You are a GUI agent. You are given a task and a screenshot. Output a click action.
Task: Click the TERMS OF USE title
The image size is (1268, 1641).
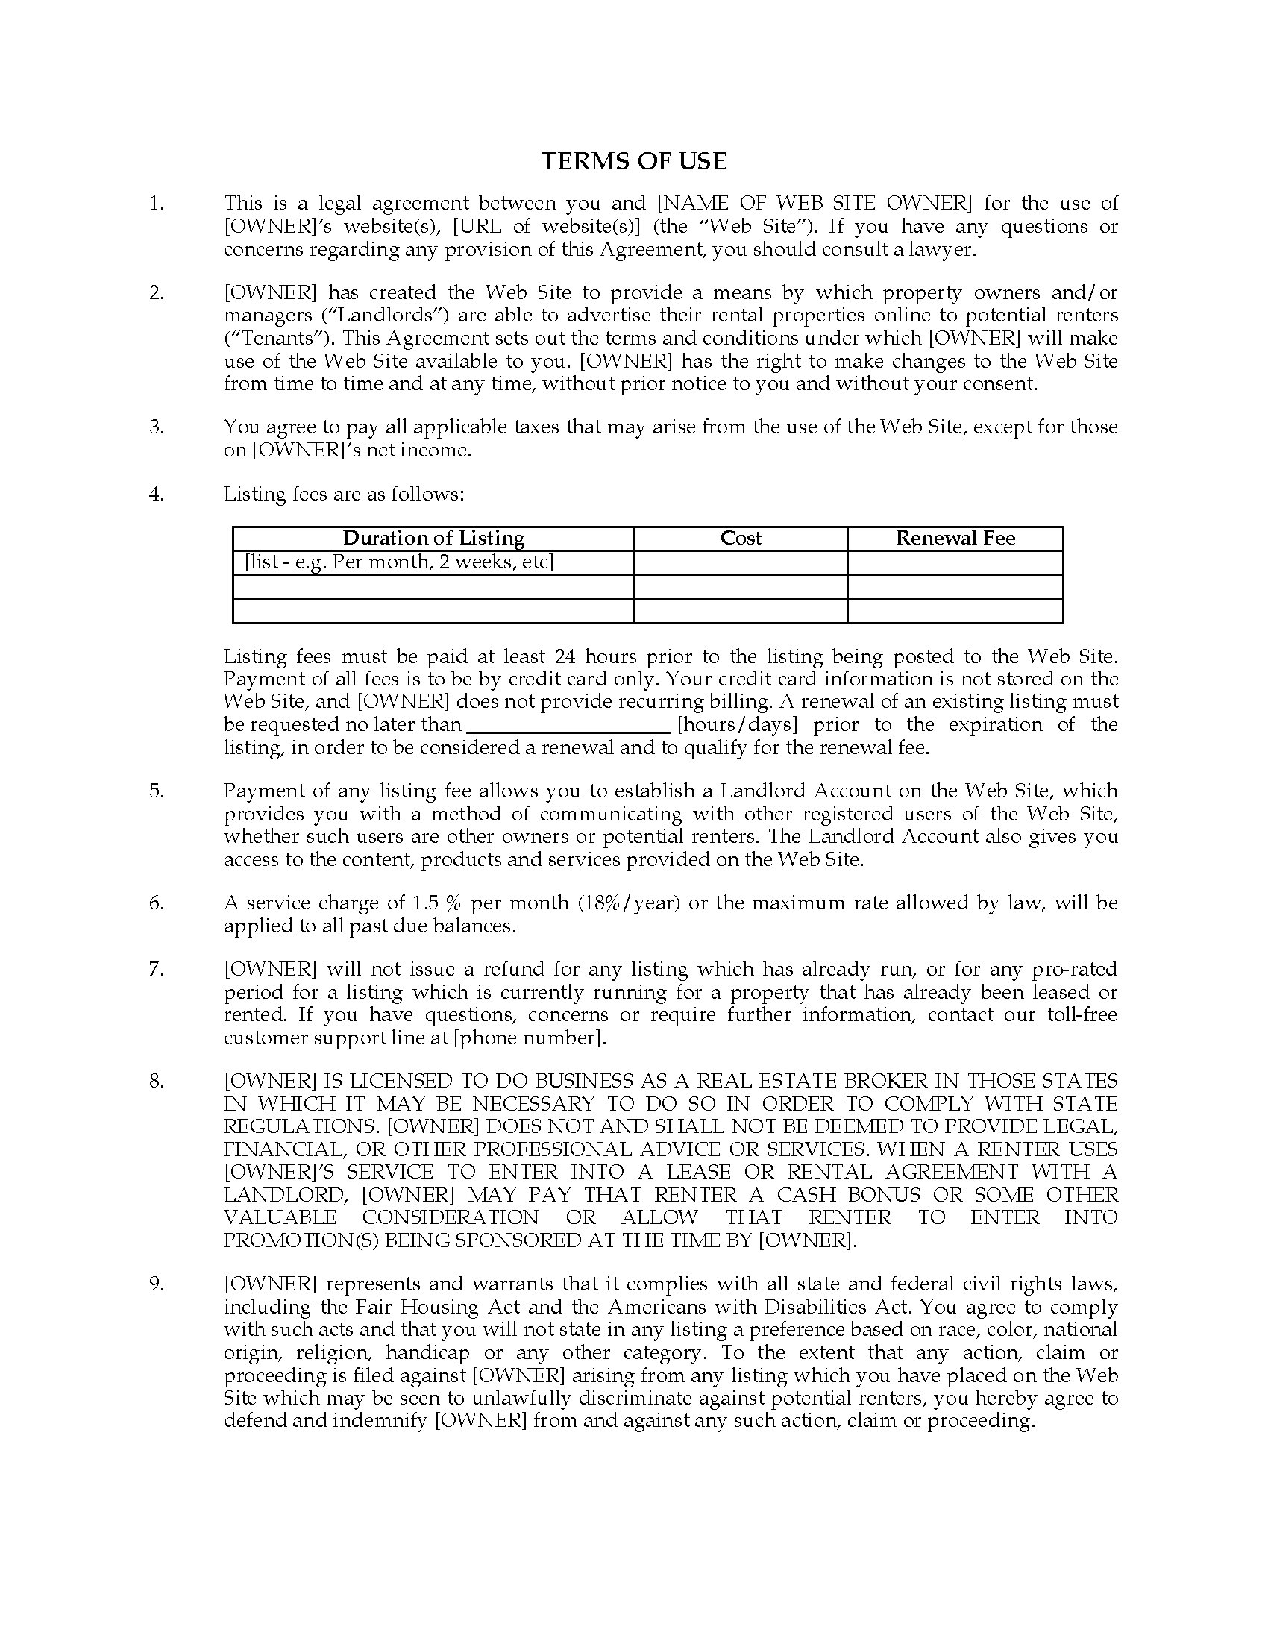click(x=634, y=162)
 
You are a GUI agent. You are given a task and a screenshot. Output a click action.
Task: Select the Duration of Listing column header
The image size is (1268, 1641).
click(x=433, y=538)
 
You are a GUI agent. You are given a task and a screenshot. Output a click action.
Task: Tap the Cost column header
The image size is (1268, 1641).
click(x=741, y=538)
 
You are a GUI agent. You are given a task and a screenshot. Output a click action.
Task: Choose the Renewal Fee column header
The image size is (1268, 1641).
click(x=955, y=538)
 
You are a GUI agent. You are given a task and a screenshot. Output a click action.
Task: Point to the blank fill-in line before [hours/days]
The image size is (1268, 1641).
click(x=568, y=725)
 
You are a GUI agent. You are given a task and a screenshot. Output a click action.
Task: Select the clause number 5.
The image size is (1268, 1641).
click(x=156, y=791)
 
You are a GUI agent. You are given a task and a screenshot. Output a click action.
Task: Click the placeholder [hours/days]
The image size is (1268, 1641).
click(x=737, y=725)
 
